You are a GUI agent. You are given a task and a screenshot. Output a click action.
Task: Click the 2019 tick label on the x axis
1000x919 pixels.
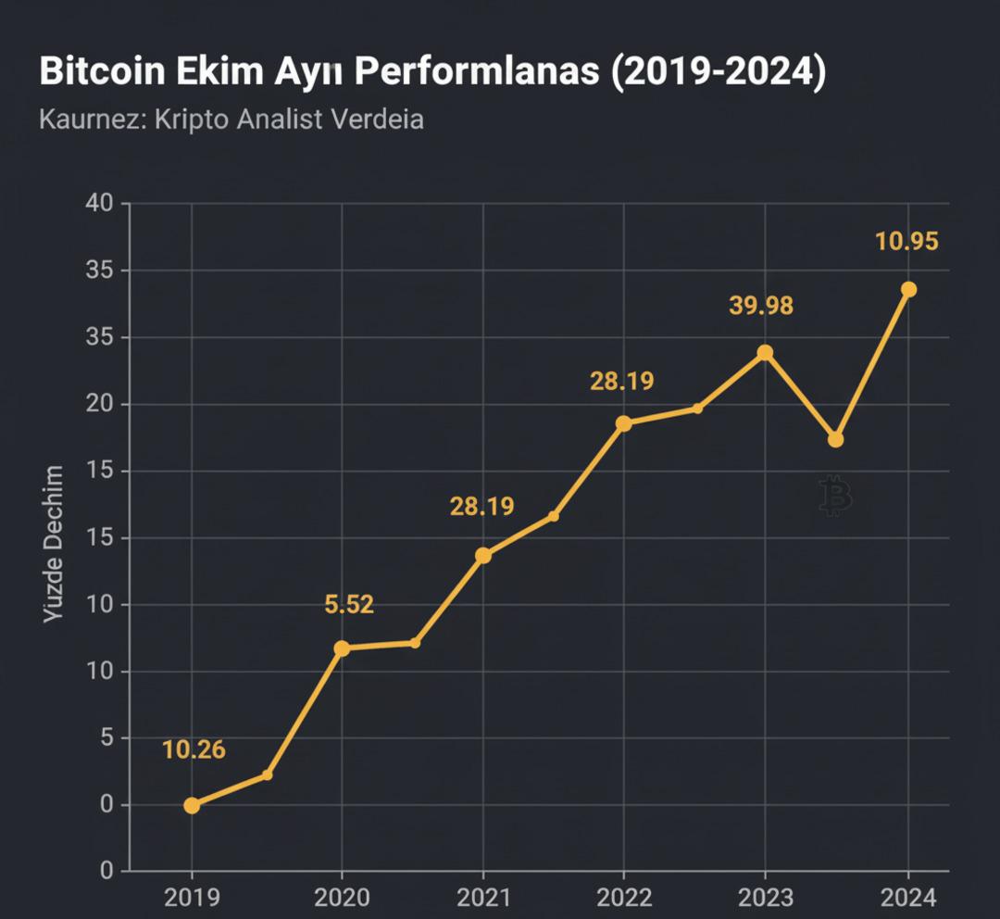[x=192, y=897]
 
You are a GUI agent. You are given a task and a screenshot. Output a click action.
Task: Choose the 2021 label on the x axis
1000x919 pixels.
[x=482, y=897]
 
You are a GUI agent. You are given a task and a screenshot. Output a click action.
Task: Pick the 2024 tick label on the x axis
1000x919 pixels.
[x=908, y=897]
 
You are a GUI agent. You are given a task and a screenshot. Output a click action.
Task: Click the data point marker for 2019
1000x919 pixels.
[x=192, y=805]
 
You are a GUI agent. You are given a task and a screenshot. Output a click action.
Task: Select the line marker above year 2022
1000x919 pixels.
[x=624, y=423]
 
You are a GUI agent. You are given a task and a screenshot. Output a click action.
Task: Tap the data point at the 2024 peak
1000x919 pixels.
[x=908, y=290]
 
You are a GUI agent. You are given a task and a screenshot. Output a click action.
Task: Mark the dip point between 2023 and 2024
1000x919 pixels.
[x=835, y=439]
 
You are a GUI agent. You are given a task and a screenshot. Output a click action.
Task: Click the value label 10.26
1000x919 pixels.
[x=194, y=749]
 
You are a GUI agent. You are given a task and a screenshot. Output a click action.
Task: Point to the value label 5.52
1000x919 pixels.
[x=349, y=605]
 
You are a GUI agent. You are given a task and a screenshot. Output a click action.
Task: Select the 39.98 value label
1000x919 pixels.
[x=761, y=306]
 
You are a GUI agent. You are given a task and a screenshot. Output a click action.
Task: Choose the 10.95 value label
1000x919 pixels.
[x=906, y=242]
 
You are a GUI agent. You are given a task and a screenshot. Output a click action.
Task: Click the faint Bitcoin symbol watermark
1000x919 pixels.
[x=835, y=496]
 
